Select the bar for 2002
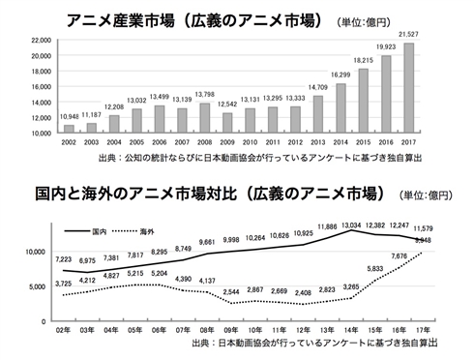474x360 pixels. pos(69,130)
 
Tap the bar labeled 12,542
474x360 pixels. pos(227,123)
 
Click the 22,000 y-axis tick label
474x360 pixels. pos(41,40)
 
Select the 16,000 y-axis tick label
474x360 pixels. pos(41,85)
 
